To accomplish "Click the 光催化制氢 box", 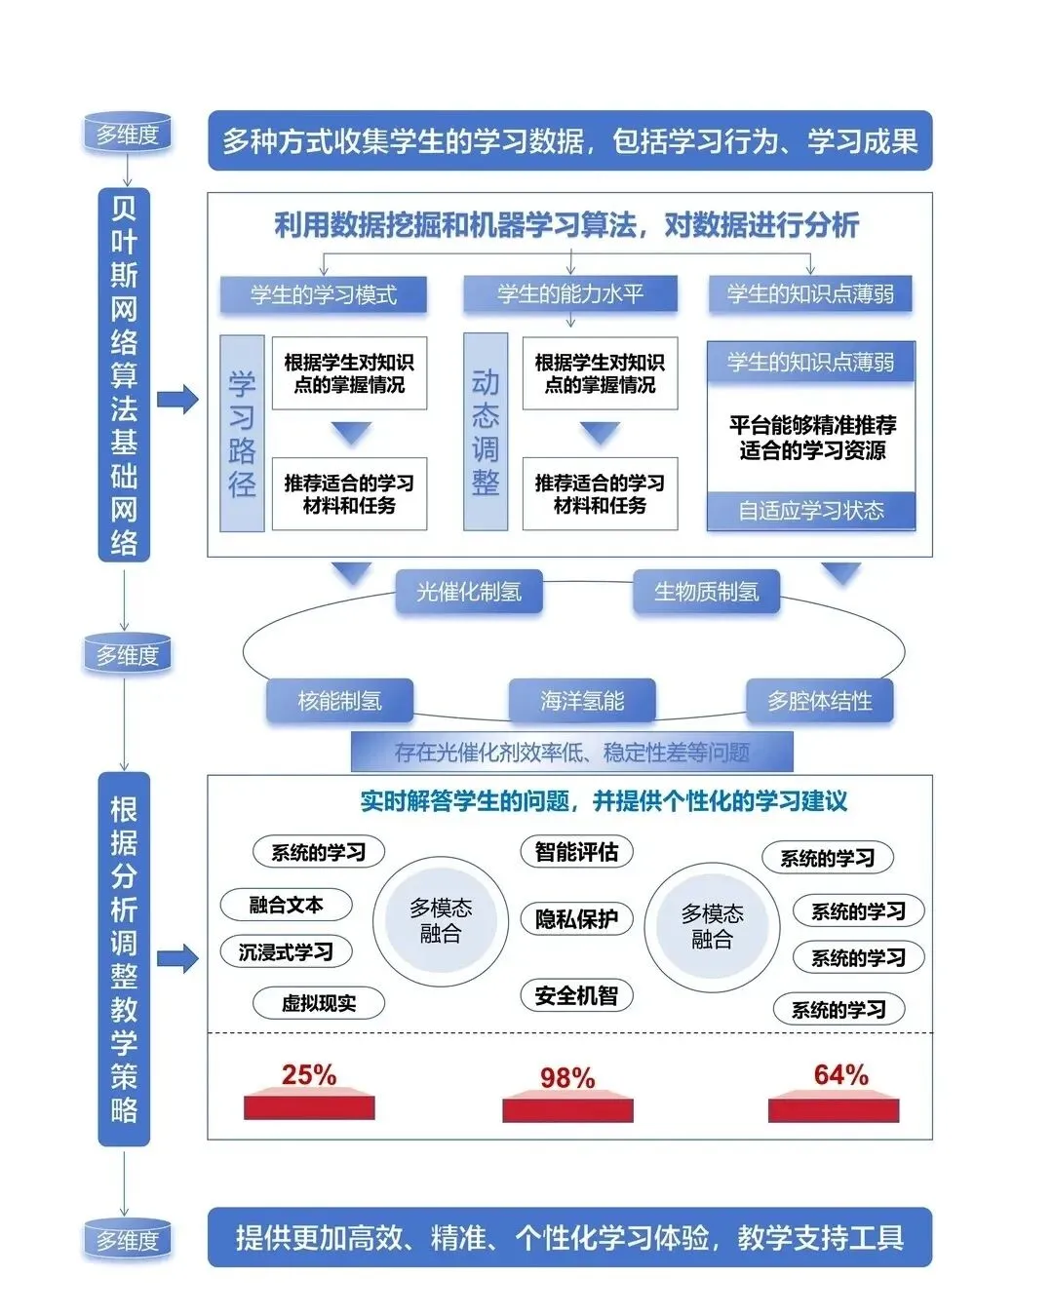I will pos(469,592).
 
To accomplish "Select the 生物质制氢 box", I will pos(706,592).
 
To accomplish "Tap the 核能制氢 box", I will pos(339,701).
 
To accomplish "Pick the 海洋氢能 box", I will pos(582,701).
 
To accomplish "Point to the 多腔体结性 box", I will pos(819,701).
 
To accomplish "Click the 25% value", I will pos(309,1074).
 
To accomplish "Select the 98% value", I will pos(567,1077).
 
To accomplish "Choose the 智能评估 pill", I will pos(576,852).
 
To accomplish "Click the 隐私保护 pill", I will pos(576,918).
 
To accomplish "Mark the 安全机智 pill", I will pos(576,995).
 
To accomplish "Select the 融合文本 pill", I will pos(286,905).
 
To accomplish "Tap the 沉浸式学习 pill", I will pos(286,951).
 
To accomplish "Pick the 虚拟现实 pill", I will pos(319,1003).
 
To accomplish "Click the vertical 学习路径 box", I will pos(242,433).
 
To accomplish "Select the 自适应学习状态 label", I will pos(811,511).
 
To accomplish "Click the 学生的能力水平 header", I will pos(570,293).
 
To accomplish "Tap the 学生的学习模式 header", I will pos(324,294).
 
